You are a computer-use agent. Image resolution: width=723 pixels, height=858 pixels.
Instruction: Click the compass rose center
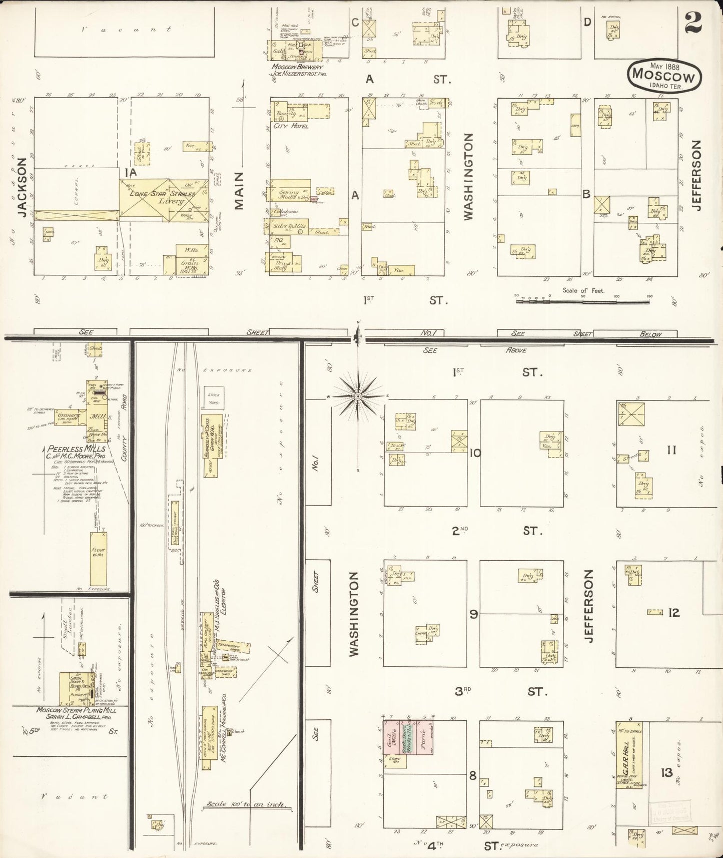pyautogui.click(x=358, y=396)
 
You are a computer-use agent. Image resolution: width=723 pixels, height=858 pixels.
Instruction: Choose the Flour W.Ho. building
pyautogui.click(x=98, y=559)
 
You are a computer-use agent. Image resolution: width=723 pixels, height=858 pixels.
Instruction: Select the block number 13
pyautogui.click(x=666, y=773)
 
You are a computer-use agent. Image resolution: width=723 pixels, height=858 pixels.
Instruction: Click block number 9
pyautogui.click(x=473, y=614)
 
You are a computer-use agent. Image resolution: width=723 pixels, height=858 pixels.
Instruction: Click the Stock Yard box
pyautogui.click(x=214, y=398)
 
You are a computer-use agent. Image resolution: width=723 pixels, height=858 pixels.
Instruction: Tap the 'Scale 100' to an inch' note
pyautogui.click(x=247, y=805)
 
